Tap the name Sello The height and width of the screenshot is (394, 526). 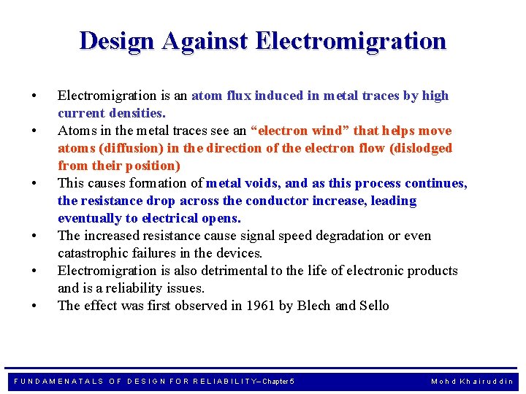pyautogui.click(x=375, y=306)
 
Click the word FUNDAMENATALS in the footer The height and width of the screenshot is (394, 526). pyautogui.click(x=59, y=382)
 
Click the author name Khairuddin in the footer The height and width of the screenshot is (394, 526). pyautogui.click(x=487, y=382)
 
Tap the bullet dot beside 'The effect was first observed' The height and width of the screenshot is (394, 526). pyautogui.click(x=34, y=306)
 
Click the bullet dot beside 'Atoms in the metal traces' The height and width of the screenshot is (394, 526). pyautogui.click(x=34, y=131)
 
